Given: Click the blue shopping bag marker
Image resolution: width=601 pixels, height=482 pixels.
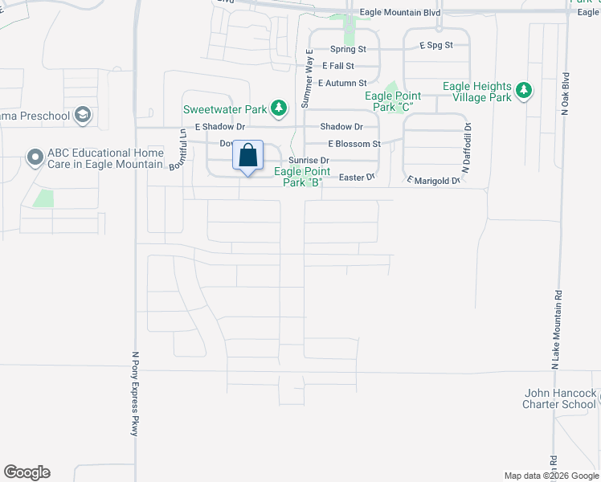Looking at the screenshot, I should click(248, 155).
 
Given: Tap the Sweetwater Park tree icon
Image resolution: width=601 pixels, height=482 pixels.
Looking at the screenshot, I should click(278, 108).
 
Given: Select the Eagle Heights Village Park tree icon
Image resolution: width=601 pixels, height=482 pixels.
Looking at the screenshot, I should click(524, 91).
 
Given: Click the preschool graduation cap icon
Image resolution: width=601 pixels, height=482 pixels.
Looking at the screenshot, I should click(82, 116).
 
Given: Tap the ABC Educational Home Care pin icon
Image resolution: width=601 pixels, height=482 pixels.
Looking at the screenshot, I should click(35, 157).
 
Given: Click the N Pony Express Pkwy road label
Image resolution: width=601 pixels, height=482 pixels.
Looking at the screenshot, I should click(135, 394).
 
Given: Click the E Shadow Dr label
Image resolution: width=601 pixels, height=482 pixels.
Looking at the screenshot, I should click(219, 127).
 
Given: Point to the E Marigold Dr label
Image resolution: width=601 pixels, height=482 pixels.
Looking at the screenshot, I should click(432, 181).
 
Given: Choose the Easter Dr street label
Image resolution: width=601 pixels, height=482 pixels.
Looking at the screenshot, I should click(358, 177).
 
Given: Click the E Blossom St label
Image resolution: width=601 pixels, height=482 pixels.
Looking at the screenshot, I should click(354, 144).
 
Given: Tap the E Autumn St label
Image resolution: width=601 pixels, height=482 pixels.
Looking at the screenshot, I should click(342, 83).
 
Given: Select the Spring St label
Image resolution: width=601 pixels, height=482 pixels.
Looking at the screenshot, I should click(348, 49).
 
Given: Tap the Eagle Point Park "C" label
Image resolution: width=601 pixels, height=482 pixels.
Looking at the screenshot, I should click(393, 101).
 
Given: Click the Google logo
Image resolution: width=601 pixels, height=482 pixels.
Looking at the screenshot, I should click(27, 472).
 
